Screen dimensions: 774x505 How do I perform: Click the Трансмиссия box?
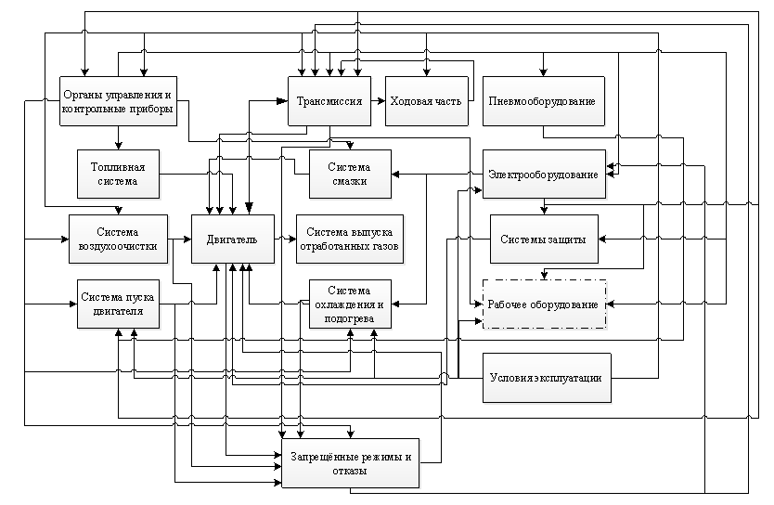pos(329,100)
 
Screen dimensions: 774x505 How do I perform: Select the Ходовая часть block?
pos(427,100)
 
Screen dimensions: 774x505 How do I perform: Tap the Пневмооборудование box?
pos(544,100)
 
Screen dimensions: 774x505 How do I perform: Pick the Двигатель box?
pos(233,239)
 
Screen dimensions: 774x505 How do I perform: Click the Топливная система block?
pos(119,174)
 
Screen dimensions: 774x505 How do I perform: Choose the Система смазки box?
pos(350,174)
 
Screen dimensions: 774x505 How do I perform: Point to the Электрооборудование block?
pos(544,174)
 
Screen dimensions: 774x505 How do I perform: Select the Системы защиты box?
pos(544,239)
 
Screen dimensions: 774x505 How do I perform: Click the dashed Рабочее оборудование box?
pos(544,304)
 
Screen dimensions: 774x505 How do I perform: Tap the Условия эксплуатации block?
pos(547,378)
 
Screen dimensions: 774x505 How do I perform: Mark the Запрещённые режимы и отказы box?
pos(351,463)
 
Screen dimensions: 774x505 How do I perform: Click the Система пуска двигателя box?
pos(119,304)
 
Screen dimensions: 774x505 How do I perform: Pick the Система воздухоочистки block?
pos(119,239)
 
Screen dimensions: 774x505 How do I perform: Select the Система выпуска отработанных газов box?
pos(350,239)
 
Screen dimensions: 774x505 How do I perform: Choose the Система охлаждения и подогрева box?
pos(350,304)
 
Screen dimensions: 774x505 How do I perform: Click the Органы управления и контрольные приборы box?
pos(119,100)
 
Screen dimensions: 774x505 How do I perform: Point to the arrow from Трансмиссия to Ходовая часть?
pos(378,100)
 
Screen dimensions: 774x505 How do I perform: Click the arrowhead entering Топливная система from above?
pos(119,146)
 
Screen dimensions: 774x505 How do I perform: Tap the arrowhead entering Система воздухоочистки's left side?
pos(65,239)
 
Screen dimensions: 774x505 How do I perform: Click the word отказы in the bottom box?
pos(350,471)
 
